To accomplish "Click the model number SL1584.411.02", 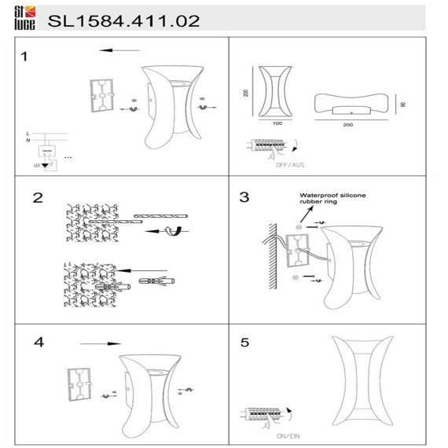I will (123, 20).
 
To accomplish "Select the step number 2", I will (36, 197).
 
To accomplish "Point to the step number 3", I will (244, 197).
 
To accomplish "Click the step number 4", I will (39, 343).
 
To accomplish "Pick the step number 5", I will (244, 343).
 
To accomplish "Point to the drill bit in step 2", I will (160, 215).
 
